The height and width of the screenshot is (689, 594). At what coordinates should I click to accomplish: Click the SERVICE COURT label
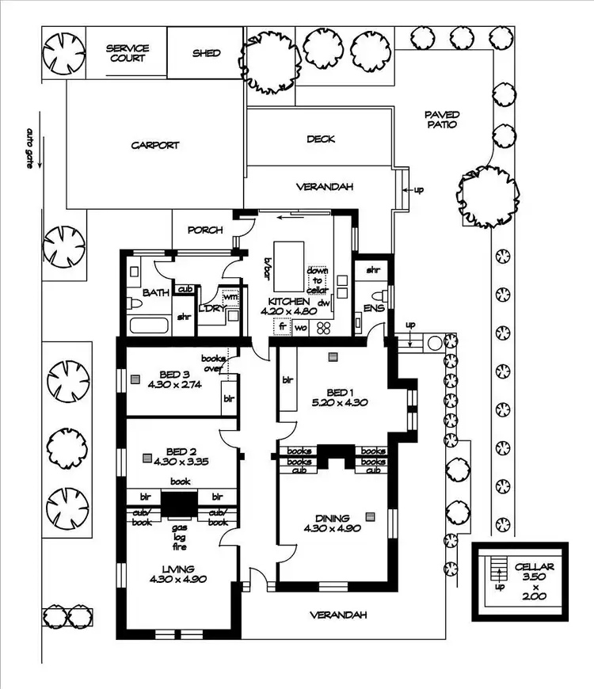click(128, 53)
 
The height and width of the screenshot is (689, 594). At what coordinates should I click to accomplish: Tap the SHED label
click(206, 53)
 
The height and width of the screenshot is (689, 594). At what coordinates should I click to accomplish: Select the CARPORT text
click(155, 146)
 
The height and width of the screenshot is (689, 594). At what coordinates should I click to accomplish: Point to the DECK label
click(320, 139)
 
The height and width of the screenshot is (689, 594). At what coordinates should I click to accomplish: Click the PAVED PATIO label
click(443, 120)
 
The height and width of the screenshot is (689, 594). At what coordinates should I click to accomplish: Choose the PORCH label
click(205, 230)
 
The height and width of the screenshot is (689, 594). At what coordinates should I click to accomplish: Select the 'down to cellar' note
click(318, 280)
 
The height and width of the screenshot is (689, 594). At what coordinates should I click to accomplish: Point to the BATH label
click(156, 293)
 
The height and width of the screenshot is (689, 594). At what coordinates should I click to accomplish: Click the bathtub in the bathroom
click(147, 325)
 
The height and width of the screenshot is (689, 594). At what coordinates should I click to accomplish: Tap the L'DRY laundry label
click(210, 309)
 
